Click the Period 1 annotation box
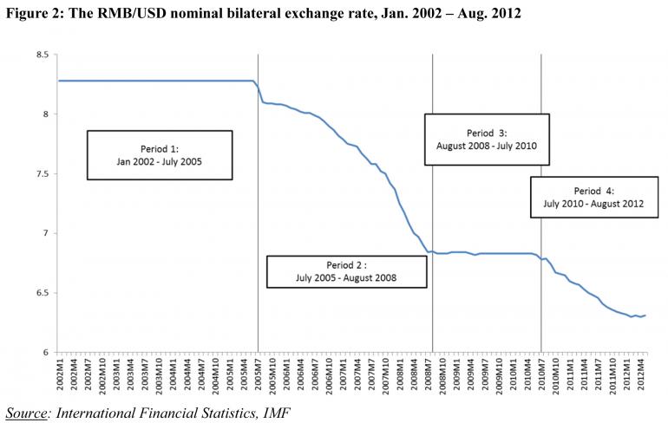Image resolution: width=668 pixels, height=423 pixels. coord(159,154)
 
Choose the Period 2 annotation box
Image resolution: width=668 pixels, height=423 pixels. coord(347,270)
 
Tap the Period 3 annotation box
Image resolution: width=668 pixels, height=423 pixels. coord(486,139)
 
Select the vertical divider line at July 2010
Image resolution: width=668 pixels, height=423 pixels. coord(541,130)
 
